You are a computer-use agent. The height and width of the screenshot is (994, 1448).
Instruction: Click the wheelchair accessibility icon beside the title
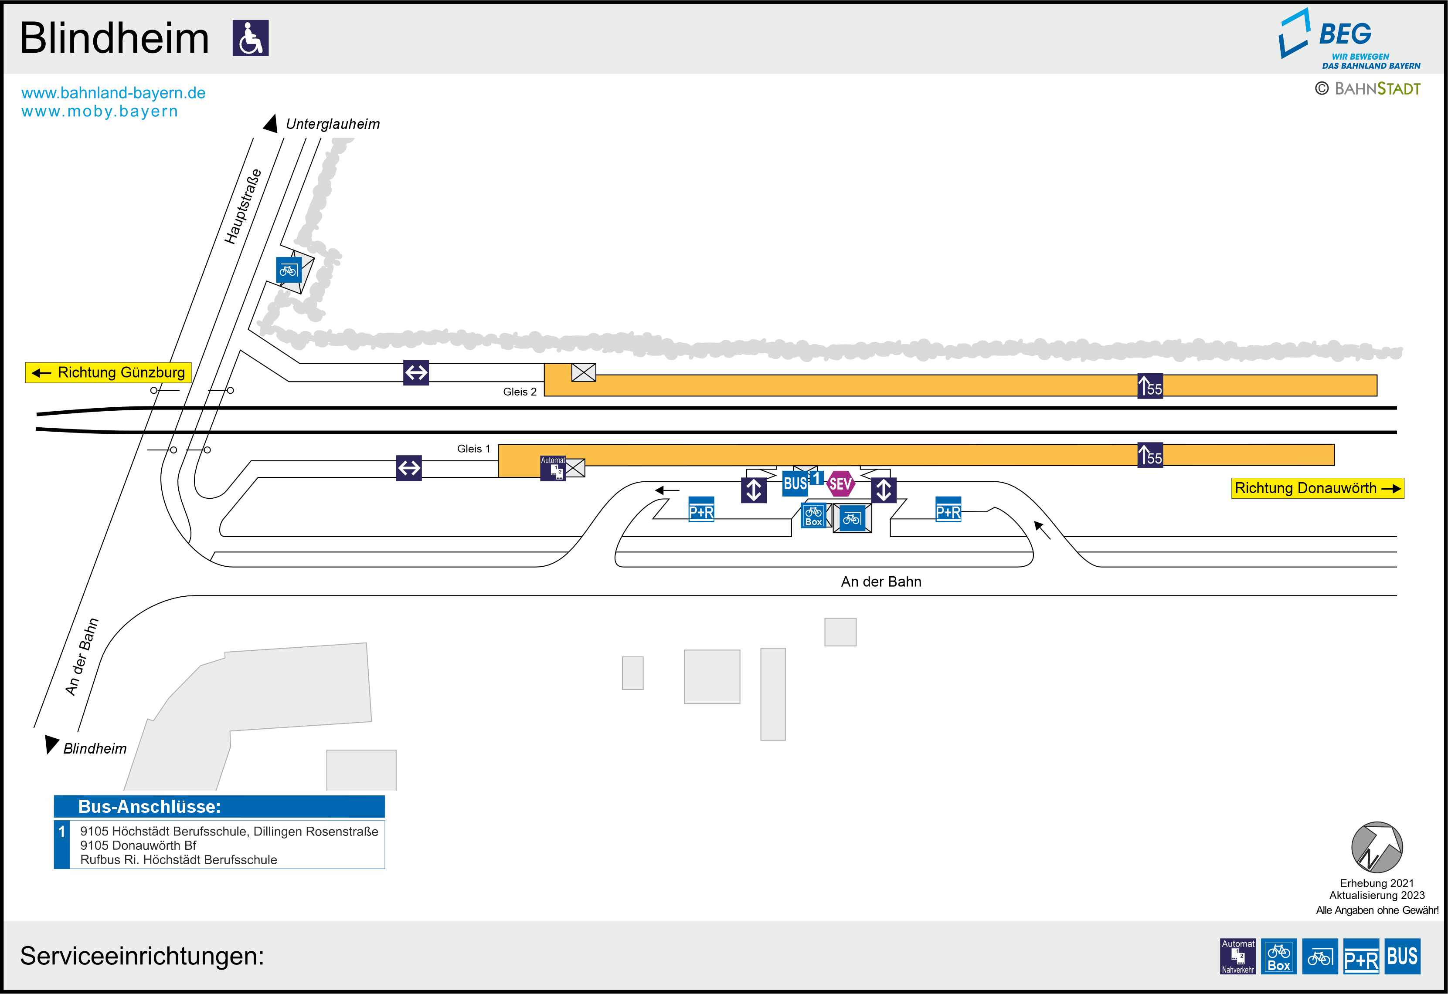click(251, 38)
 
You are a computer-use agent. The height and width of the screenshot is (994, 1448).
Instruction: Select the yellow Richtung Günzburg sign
click(109, 372)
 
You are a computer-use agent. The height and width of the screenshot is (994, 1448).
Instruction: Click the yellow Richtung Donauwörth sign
click(1317, 488)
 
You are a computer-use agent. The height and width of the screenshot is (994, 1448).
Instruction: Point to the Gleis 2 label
click(520, 392)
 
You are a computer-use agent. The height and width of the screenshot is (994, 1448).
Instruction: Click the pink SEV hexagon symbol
click(840, 483)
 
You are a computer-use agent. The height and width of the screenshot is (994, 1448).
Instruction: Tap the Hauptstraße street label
click(243, 206)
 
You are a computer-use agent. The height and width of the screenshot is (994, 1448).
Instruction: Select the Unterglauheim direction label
click(333, 124)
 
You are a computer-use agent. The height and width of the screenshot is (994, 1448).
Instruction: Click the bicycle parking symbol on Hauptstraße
click(289, 270)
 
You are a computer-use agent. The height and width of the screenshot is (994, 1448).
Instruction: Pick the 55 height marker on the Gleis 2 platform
click(1150, 386)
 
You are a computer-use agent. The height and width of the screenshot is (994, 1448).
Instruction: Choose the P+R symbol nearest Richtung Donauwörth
click(948, 510)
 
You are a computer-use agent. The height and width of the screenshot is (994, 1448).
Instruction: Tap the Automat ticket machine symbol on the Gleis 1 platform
click(553, 468)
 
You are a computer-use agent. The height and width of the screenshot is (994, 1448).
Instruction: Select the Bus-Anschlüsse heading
click(150, 807)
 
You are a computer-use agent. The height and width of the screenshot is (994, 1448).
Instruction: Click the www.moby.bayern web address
click(100, 112)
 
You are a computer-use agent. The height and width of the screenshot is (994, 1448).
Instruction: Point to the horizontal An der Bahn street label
click(881, 582)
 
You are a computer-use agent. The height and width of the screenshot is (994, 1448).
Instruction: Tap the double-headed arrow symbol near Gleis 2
click(416, 372)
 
